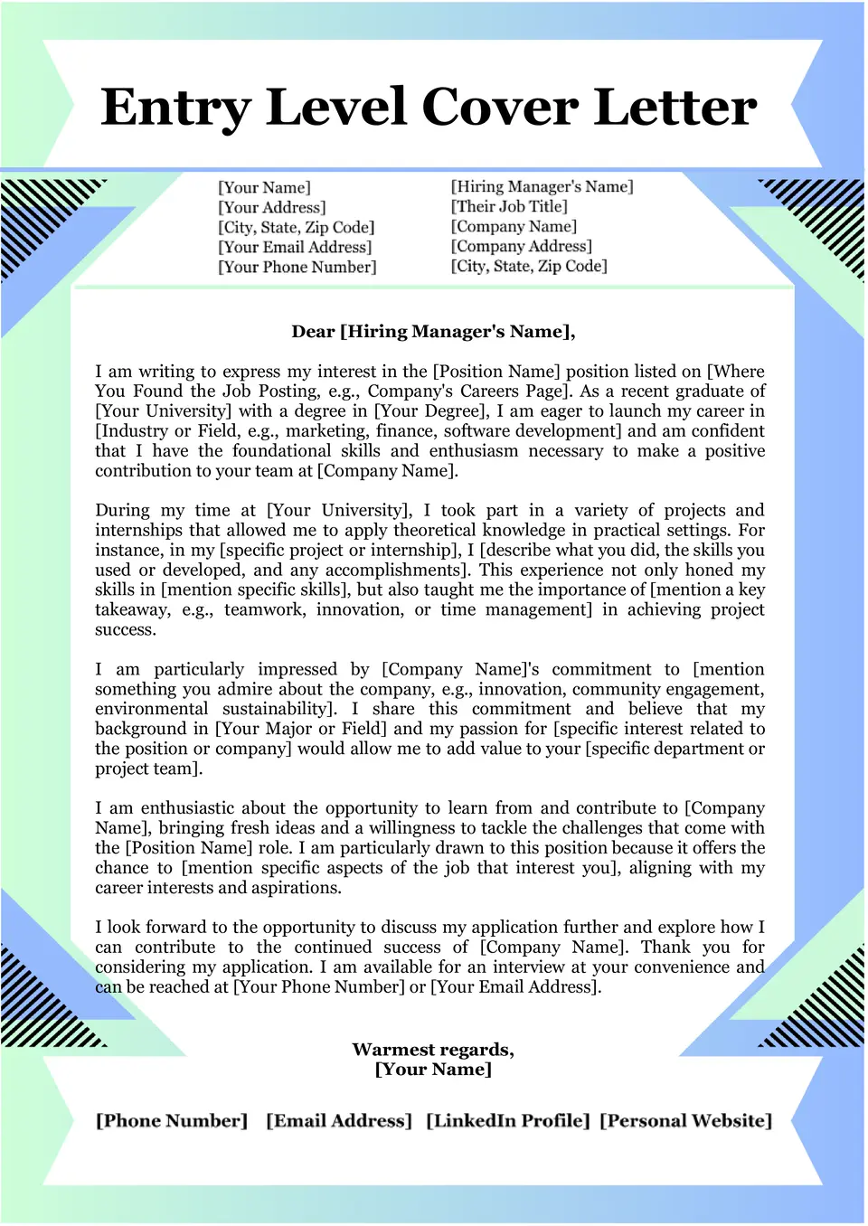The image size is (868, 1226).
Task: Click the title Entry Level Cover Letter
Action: click(x=429, y=108)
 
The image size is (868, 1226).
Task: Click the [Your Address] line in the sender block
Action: click(x=272, y=207)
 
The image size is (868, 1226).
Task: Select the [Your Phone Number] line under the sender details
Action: click(x=297, y=267)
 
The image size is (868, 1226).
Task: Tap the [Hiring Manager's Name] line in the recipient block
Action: click(x=542, y=186)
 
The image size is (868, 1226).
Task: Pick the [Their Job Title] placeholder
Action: click(x=509, y=206)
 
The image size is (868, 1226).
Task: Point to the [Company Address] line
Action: click(x=522, y=246)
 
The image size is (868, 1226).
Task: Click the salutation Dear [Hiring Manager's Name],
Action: click(x=433, y=332)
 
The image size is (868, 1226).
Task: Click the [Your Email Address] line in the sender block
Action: click(x=295, y=247)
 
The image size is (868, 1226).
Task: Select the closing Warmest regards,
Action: click(x=433, y=1050)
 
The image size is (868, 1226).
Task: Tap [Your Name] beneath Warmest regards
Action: click(x=433, y=1070)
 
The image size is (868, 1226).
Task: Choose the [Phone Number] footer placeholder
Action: click(x=172, y=1121)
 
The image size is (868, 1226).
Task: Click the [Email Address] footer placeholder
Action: click(x=339, y=1121)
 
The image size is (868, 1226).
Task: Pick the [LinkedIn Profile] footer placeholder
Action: click(x=508, y=1121)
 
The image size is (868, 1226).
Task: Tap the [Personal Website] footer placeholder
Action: click(x=686, y=1121)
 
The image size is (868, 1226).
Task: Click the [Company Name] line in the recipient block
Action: click(x=514, y=226)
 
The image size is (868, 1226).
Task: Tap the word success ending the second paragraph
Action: click(x=125, y=629)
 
